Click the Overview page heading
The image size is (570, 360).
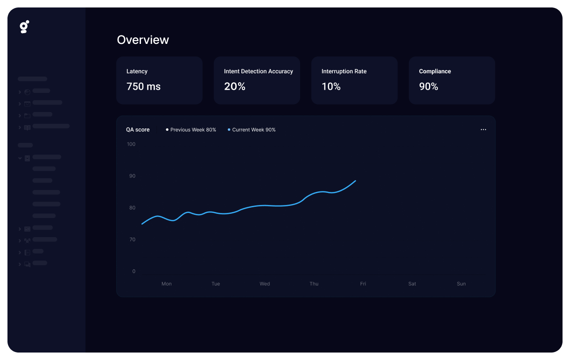pyautogui.click(x=143, y=40)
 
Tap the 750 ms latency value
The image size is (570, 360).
pyautogui.click(x=143, y=86)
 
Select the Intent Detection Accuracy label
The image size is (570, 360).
pyautogui.click(x=258, y=71)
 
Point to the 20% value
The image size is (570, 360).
pyautogui.click(x=234, y=86)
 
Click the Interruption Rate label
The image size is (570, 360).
pyautogui.click(x=344, y=71)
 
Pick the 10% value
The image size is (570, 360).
pyautogui.click(x=331, y=86)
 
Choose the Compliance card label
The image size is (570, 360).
pyautogui.click(x=435, y=71)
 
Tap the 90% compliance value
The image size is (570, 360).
pyautogui.click(x=429, y=86)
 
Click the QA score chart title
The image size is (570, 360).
pyautogui.click(x=138, y=130)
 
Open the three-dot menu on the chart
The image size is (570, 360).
pyautogui.click(x=483, y=130)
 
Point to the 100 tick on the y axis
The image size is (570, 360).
pyautogui.click(x=131, y=144)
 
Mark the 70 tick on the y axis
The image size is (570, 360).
pyautogui.click(x=132, y=240)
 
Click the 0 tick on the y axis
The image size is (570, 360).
pyautogui.click(x=134, y=271)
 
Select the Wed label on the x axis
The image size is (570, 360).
pyautogui.click(x=265, y=284)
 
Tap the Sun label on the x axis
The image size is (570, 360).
pyautogui.click(x=461, y=284)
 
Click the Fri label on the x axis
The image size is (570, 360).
pyautogui.click(x=363, y=284)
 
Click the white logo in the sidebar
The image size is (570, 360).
pyautogui.click(x=25, y=27)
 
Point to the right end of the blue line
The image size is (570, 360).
pyautogui.click(x=355, y=181)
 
